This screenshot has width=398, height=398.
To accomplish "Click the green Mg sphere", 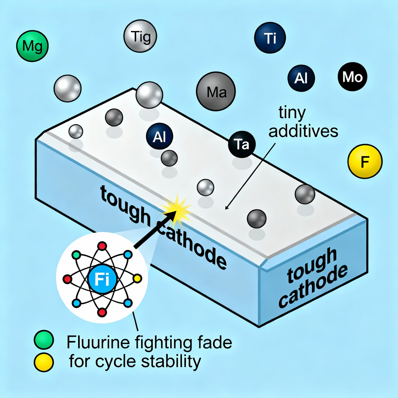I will pos(32,46).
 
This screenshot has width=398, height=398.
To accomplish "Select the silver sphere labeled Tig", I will pos(140,36).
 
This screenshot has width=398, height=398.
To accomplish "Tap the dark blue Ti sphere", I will pos(270,38).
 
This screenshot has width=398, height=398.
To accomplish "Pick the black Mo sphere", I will pos(352,77).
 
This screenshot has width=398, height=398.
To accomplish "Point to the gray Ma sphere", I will pos(216,91).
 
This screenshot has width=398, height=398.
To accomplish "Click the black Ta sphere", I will pos(242,144).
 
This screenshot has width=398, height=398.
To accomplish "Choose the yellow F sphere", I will pos(365,161).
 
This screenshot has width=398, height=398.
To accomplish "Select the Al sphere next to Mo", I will pos(301,78).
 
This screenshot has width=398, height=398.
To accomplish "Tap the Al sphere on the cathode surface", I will pos(160,136).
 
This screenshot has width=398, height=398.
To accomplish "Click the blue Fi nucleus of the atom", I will pos(102,279).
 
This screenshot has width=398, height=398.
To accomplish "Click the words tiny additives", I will pos(303,122).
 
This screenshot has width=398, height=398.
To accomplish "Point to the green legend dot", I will pos(44,340).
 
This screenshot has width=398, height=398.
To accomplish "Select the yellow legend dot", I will pos(44,362).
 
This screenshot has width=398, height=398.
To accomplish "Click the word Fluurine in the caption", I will pos(98,342).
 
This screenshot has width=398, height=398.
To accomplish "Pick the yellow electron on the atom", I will pos(137,278).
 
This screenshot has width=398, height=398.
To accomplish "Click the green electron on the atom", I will pos(76,255).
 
